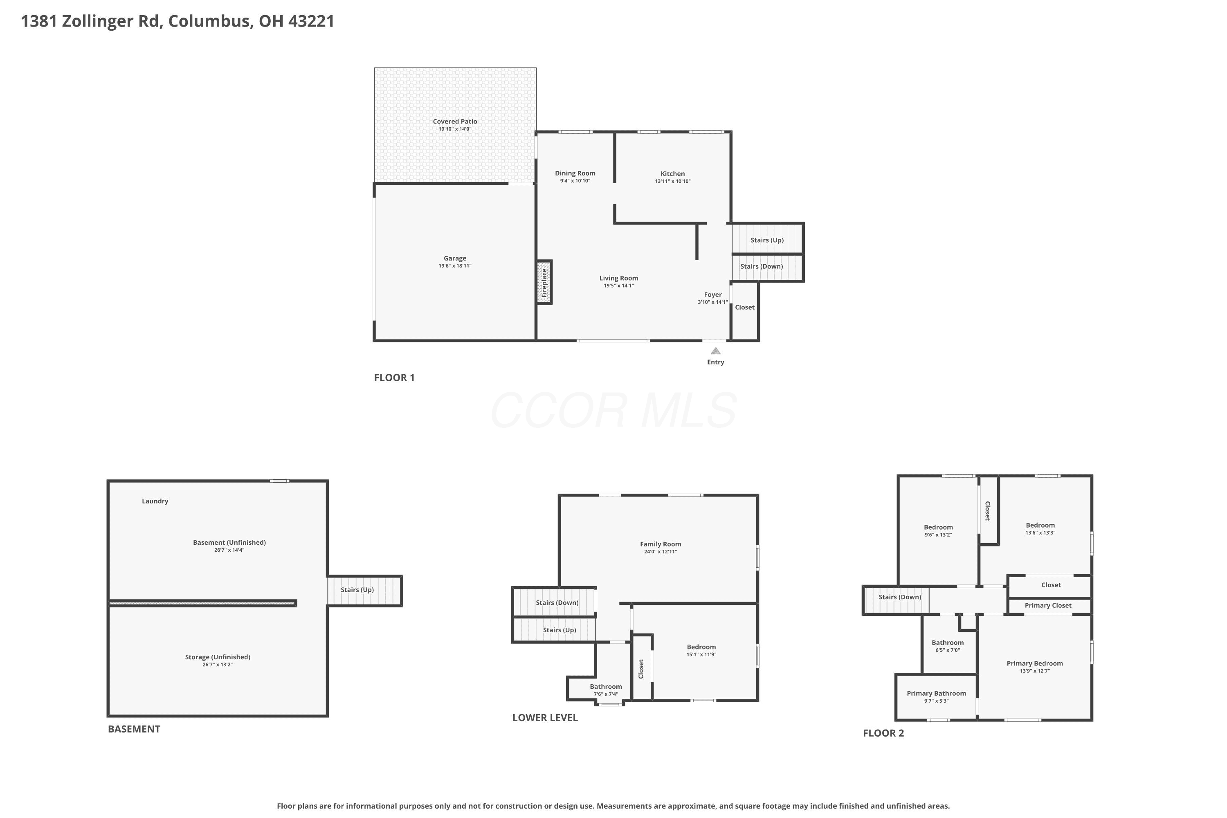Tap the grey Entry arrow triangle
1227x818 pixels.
(x=716, y=351)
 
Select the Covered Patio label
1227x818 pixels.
(x=455, y=121)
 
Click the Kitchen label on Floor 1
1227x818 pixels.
(x=672, y=174)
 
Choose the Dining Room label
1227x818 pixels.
(x=575, y=173)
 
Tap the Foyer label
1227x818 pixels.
(x=712, y=295)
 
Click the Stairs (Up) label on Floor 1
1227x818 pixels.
(x=767, y=240)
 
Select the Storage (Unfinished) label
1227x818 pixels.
(x=218, y=657)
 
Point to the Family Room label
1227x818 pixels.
(x=661, y=544)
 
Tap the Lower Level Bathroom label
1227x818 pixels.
(x=606, y=687)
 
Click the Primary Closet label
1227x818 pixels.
(x=1048, y=606)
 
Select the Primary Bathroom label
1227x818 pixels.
(x=937, y=693)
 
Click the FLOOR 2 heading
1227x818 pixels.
(x=883, y=733)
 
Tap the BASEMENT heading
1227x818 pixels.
(x=134, y=729)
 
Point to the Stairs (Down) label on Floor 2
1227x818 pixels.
(x=900, y=597)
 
